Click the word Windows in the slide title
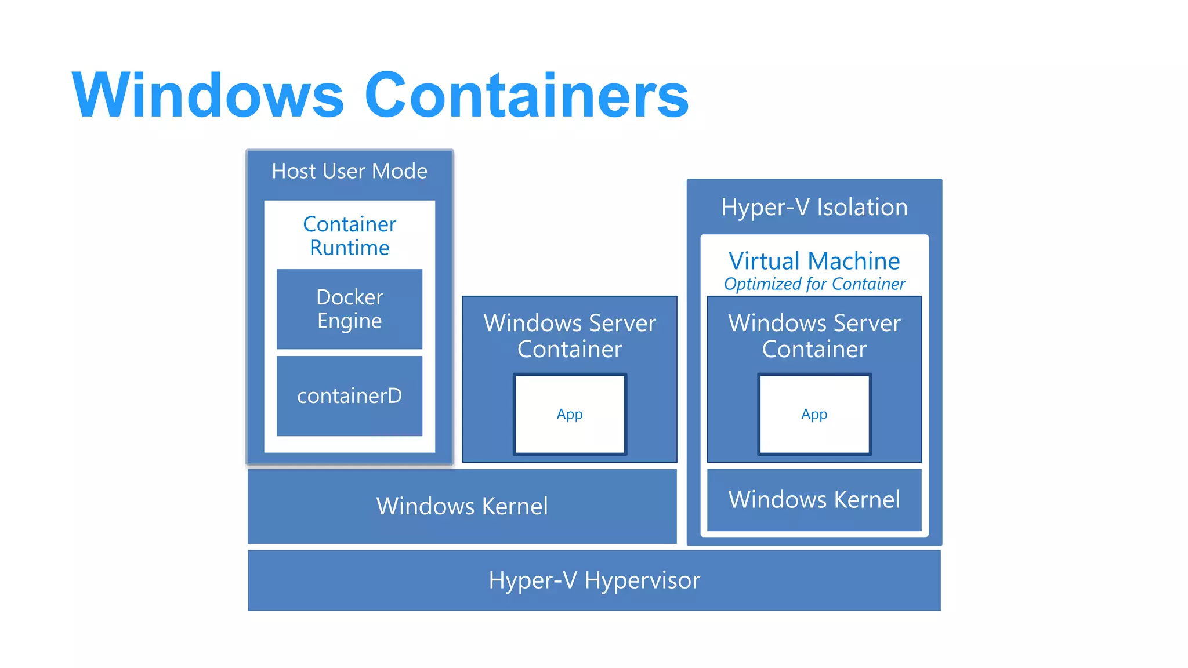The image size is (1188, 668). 208,96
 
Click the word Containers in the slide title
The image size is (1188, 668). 526,96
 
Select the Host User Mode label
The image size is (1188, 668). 349,172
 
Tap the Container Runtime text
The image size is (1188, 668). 349,236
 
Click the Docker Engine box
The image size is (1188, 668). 349,309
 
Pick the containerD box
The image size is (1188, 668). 349,396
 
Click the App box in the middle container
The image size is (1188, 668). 570,415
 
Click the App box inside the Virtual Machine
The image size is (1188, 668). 814,415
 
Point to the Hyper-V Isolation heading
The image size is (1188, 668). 814,208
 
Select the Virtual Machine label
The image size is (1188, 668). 814,262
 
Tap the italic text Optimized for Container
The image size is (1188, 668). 814,284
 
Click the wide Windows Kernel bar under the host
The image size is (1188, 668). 462,506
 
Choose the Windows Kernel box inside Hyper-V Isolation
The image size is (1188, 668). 814,500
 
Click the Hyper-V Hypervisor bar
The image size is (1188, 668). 594,580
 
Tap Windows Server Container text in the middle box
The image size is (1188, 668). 570,336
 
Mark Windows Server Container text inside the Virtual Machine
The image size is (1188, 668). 814,336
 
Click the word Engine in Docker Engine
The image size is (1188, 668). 349,321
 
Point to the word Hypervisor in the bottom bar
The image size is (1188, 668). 642,580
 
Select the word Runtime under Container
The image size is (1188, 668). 349,248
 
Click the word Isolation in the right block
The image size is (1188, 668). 862,208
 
